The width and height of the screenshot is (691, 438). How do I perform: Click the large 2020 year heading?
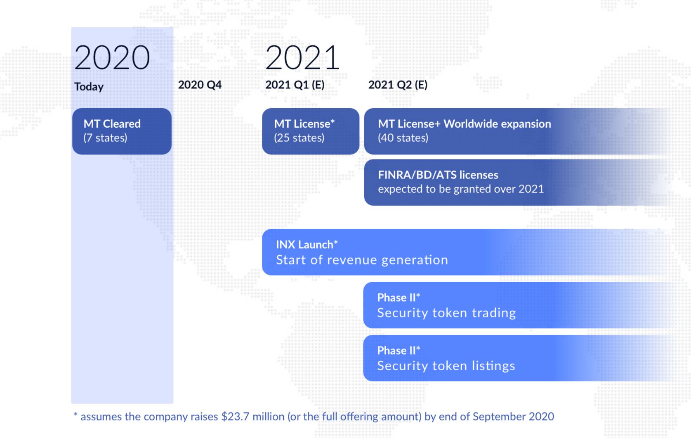click(112, 57)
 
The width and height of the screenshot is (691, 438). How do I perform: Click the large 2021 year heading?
click(302, 57)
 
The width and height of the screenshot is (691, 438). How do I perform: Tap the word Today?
click(89, 87)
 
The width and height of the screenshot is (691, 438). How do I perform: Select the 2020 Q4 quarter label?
click(200, 85)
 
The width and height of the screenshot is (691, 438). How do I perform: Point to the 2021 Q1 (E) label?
click(295, 85)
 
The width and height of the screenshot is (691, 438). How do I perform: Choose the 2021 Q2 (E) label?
click(398, 85)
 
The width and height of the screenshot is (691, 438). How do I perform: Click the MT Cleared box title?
click(112, 124)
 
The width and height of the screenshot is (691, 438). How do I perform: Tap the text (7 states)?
click(105, 138)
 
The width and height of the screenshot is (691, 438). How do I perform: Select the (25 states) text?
click(299, 138)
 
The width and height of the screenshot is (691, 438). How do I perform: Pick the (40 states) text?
click(403, 138)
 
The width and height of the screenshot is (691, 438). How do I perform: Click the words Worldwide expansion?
click(497, 124)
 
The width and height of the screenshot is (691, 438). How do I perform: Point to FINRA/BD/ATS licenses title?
click(438, 175)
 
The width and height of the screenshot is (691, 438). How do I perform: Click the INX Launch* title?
click(307, 244)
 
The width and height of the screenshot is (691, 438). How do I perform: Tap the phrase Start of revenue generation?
click(362, 260)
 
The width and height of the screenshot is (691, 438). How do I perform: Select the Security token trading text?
click(446, 313)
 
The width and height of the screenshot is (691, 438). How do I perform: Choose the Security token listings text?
click(446, 366)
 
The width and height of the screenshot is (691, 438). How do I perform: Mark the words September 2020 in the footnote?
click(513, 417)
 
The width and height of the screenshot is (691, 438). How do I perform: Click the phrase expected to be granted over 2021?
click(461, 189)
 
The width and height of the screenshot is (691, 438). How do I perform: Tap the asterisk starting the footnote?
click(75, 414)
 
